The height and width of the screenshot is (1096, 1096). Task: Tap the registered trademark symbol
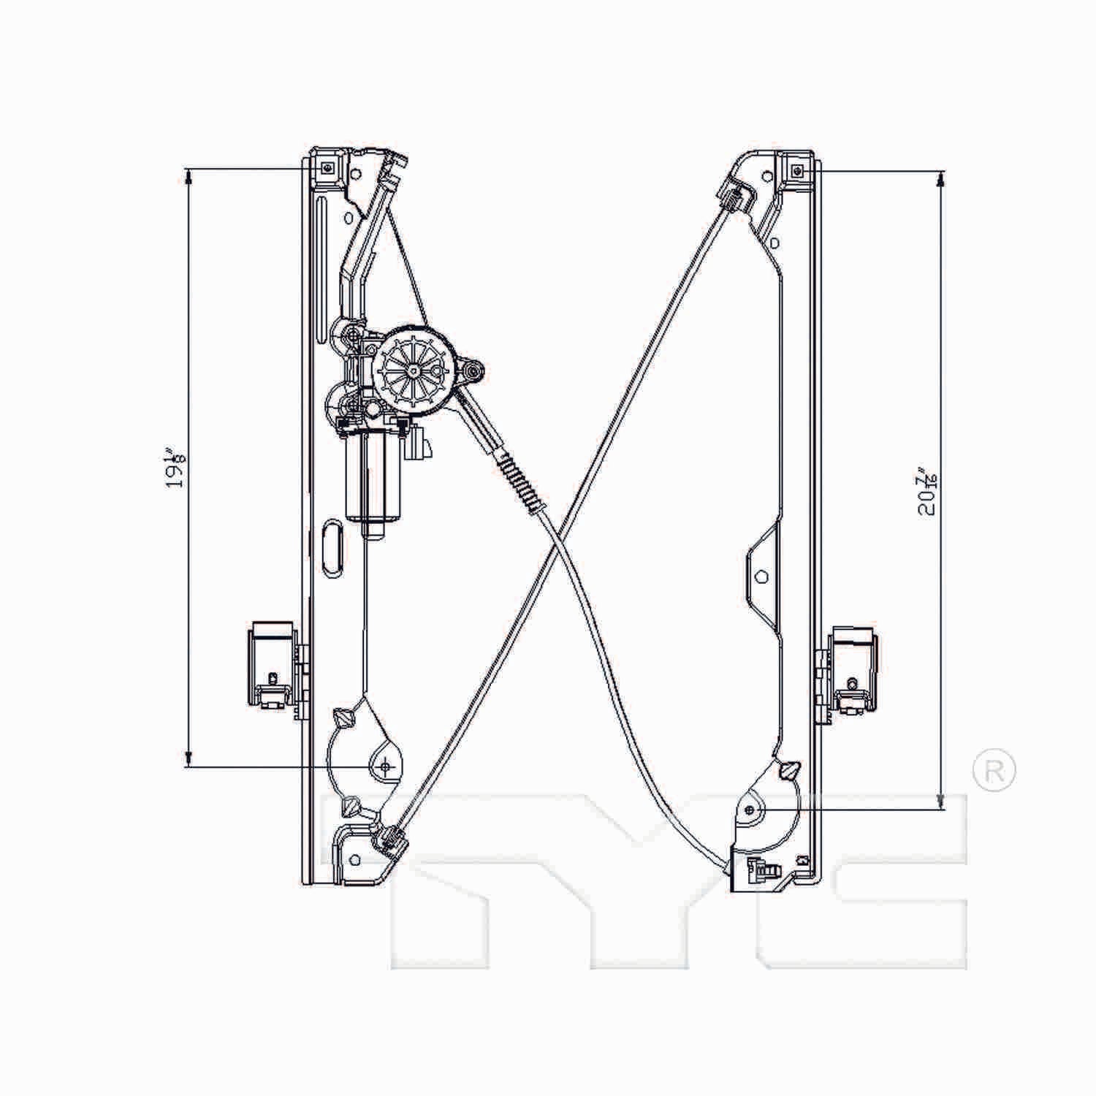pyautogui.click(x=994, y=770)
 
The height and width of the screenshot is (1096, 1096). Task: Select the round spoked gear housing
pyautogui.click(x=414, y=370)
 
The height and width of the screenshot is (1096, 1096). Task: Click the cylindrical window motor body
pyautogui.click(x=373, y=475)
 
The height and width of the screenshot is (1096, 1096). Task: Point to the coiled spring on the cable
pyautogui.click(x=520, y=482)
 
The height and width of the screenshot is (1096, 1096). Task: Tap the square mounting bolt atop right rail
pyautogui.click(x=796, y=170)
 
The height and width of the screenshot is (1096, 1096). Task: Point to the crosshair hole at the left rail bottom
pyautogui.click(x=386, y=766)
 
